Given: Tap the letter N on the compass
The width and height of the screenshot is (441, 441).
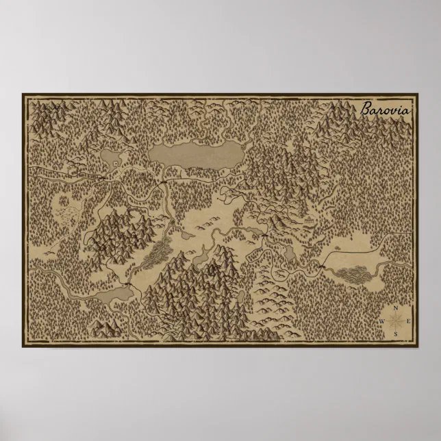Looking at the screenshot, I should (x=396, y=308).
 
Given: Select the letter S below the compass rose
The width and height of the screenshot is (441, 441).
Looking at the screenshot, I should (x=396, y=333).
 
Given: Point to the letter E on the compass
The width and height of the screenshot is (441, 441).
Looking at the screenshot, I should (x=408, y=321).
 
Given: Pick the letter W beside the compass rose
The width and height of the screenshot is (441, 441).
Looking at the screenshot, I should (x=382, y=321).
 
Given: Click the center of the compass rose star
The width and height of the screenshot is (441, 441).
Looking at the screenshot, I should (x=396, y=321).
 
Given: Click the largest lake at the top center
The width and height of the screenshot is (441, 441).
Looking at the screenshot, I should (x=197, y=154).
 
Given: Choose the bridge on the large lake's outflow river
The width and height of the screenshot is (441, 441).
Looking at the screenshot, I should (x=164, y=184).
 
